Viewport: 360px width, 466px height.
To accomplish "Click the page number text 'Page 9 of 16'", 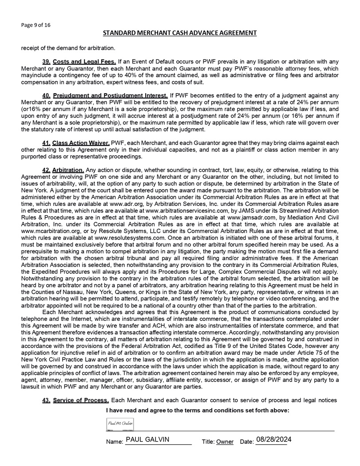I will click(36, 25).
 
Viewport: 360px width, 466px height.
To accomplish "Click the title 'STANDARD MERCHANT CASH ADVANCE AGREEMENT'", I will click(180, 33).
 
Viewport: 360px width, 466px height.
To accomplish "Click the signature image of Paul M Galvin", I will click(120, 424).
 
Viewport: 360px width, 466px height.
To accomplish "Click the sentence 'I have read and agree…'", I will click(198, 411).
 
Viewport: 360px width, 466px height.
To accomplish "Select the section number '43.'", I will click(46, 400).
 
